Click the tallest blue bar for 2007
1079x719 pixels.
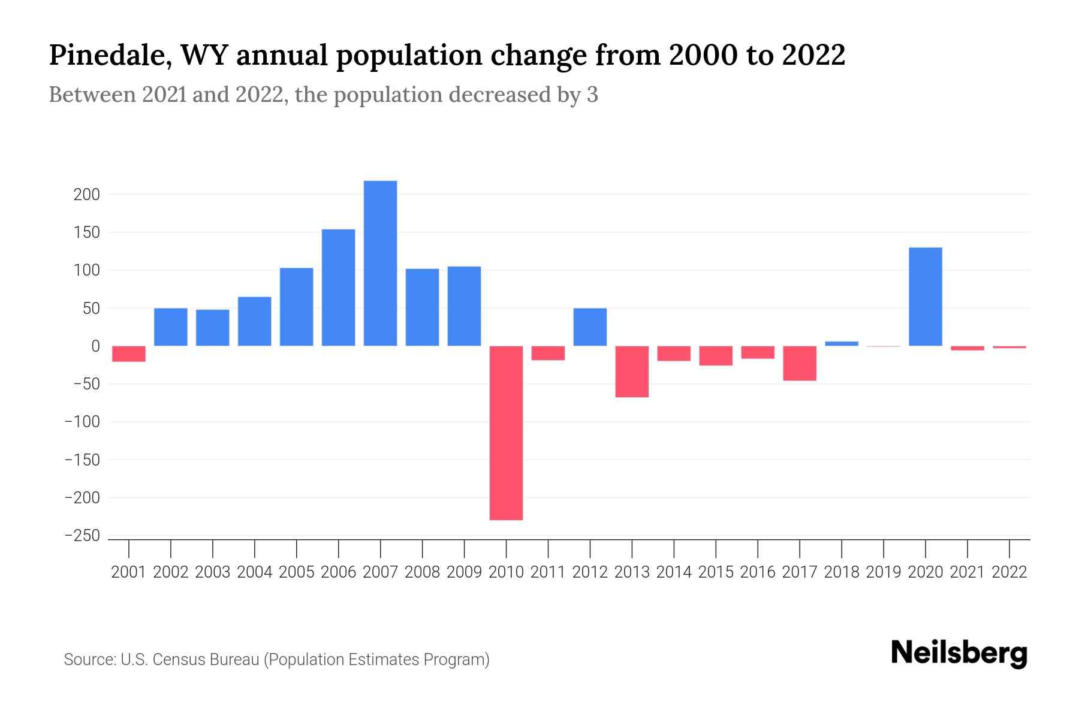pos(380,264)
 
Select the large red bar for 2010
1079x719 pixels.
pos(506,433)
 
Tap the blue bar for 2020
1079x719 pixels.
pos(925,297)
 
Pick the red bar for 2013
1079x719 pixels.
pos(632,371)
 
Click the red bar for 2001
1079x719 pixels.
pos(129,354)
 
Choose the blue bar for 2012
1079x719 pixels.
pos(590,327)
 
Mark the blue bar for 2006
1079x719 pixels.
pos(338,288)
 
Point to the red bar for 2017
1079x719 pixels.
pos(800,363)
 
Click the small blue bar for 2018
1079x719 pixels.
pos(842,343)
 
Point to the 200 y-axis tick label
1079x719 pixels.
pos(88,195)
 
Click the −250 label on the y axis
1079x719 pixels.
pos(82,536)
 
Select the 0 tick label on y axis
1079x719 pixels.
pos(95,346)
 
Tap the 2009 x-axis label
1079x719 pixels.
pos(464,572)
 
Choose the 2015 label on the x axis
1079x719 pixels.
pos(716,572)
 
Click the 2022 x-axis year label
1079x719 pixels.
pos(1009,572)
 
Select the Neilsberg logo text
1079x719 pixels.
pos(959,653)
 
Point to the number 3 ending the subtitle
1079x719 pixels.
pos(592,95)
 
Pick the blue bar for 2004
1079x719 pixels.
pos(254,321)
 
